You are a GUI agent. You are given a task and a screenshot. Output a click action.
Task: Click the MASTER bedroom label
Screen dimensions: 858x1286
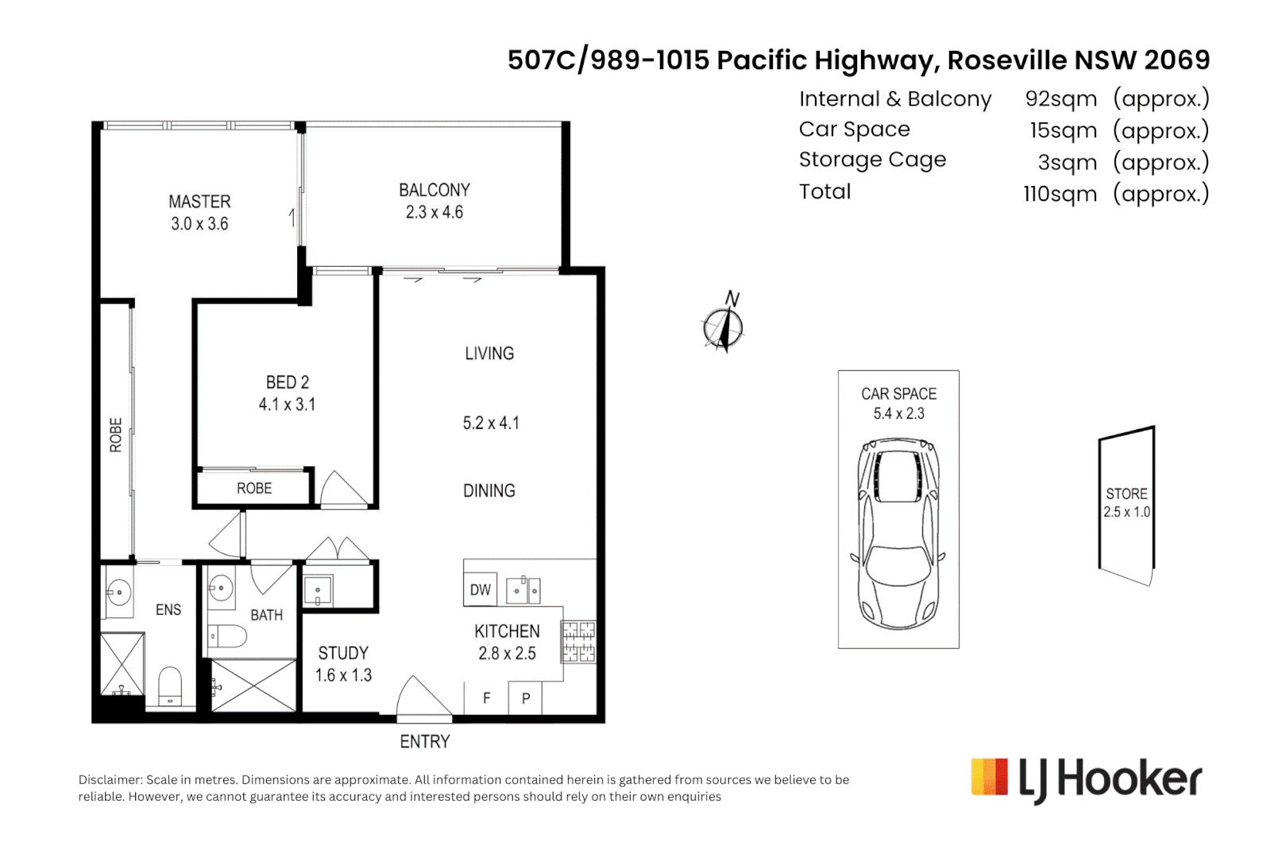199,202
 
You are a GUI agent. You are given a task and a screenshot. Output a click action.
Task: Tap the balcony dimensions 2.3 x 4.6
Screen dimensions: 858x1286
434,212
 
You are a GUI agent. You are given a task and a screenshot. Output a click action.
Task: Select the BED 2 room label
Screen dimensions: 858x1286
287,382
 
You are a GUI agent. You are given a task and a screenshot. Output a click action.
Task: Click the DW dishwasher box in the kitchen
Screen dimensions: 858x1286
481,589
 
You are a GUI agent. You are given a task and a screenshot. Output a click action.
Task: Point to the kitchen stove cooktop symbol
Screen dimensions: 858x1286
578,642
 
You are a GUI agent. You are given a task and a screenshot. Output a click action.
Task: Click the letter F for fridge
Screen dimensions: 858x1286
487,698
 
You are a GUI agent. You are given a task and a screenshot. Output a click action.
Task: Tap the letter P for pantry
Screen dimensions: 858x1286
526,699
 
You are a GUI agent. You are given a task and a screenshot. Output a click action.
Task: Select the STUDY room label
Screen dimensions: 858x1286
343,653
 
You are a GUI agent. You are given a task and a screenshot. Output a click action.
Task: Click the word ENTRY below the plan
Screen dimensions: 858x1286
424,742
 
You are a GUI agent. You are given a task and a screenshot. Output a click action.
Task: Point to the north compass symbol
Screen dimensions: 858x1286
723,326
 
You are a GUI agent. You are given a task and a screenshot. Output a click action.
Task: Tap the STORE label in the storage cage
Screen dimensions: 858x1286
1126,493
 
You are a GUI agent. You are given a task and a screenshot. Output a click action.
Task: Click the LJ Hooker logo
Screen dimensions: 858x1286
1086,779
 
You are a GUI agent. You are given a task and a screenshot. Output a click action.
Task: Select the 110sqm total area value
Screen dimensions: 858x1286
1060,194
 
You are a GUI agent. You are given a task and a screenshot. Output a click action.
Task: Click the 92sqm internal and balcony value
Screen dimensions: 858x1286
1060,99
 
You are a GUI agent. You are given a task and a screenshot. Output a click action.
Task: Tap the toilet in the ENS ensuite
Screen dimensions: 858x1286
170,685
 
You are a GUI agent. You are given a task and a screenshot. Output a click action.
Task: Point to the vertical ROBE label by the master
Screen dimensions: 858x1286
116,435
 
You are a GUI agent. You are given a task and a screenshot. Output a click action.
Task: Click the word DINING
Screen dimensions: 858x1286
489,491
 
